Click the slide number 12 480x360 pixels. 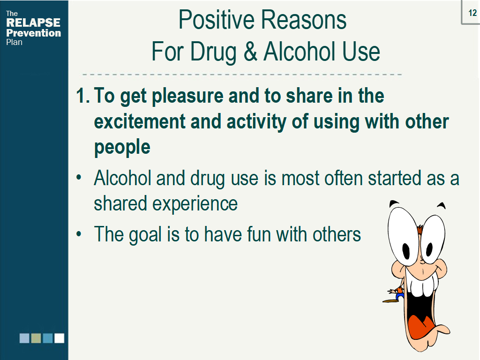coord(472,13)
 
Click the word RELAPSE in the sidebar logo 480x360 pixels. coord(33,22)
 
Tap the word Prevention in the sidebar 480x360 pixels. coord(33,33)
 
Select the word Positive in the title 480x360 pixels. coord(217,20)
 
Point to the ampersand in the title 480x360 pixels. coord(250,52)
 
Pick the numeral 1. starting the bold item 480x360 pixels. coord(82,96)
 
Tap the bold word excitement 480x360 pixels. coord(140,121)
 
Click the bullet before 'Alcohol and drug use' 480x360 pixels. coord(79,177)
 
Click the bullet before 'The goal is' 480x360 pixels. coord(79,234)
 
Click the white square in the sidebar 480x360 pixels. coord(60,338)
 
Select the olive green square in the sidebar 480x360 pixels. coord(36,338)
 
